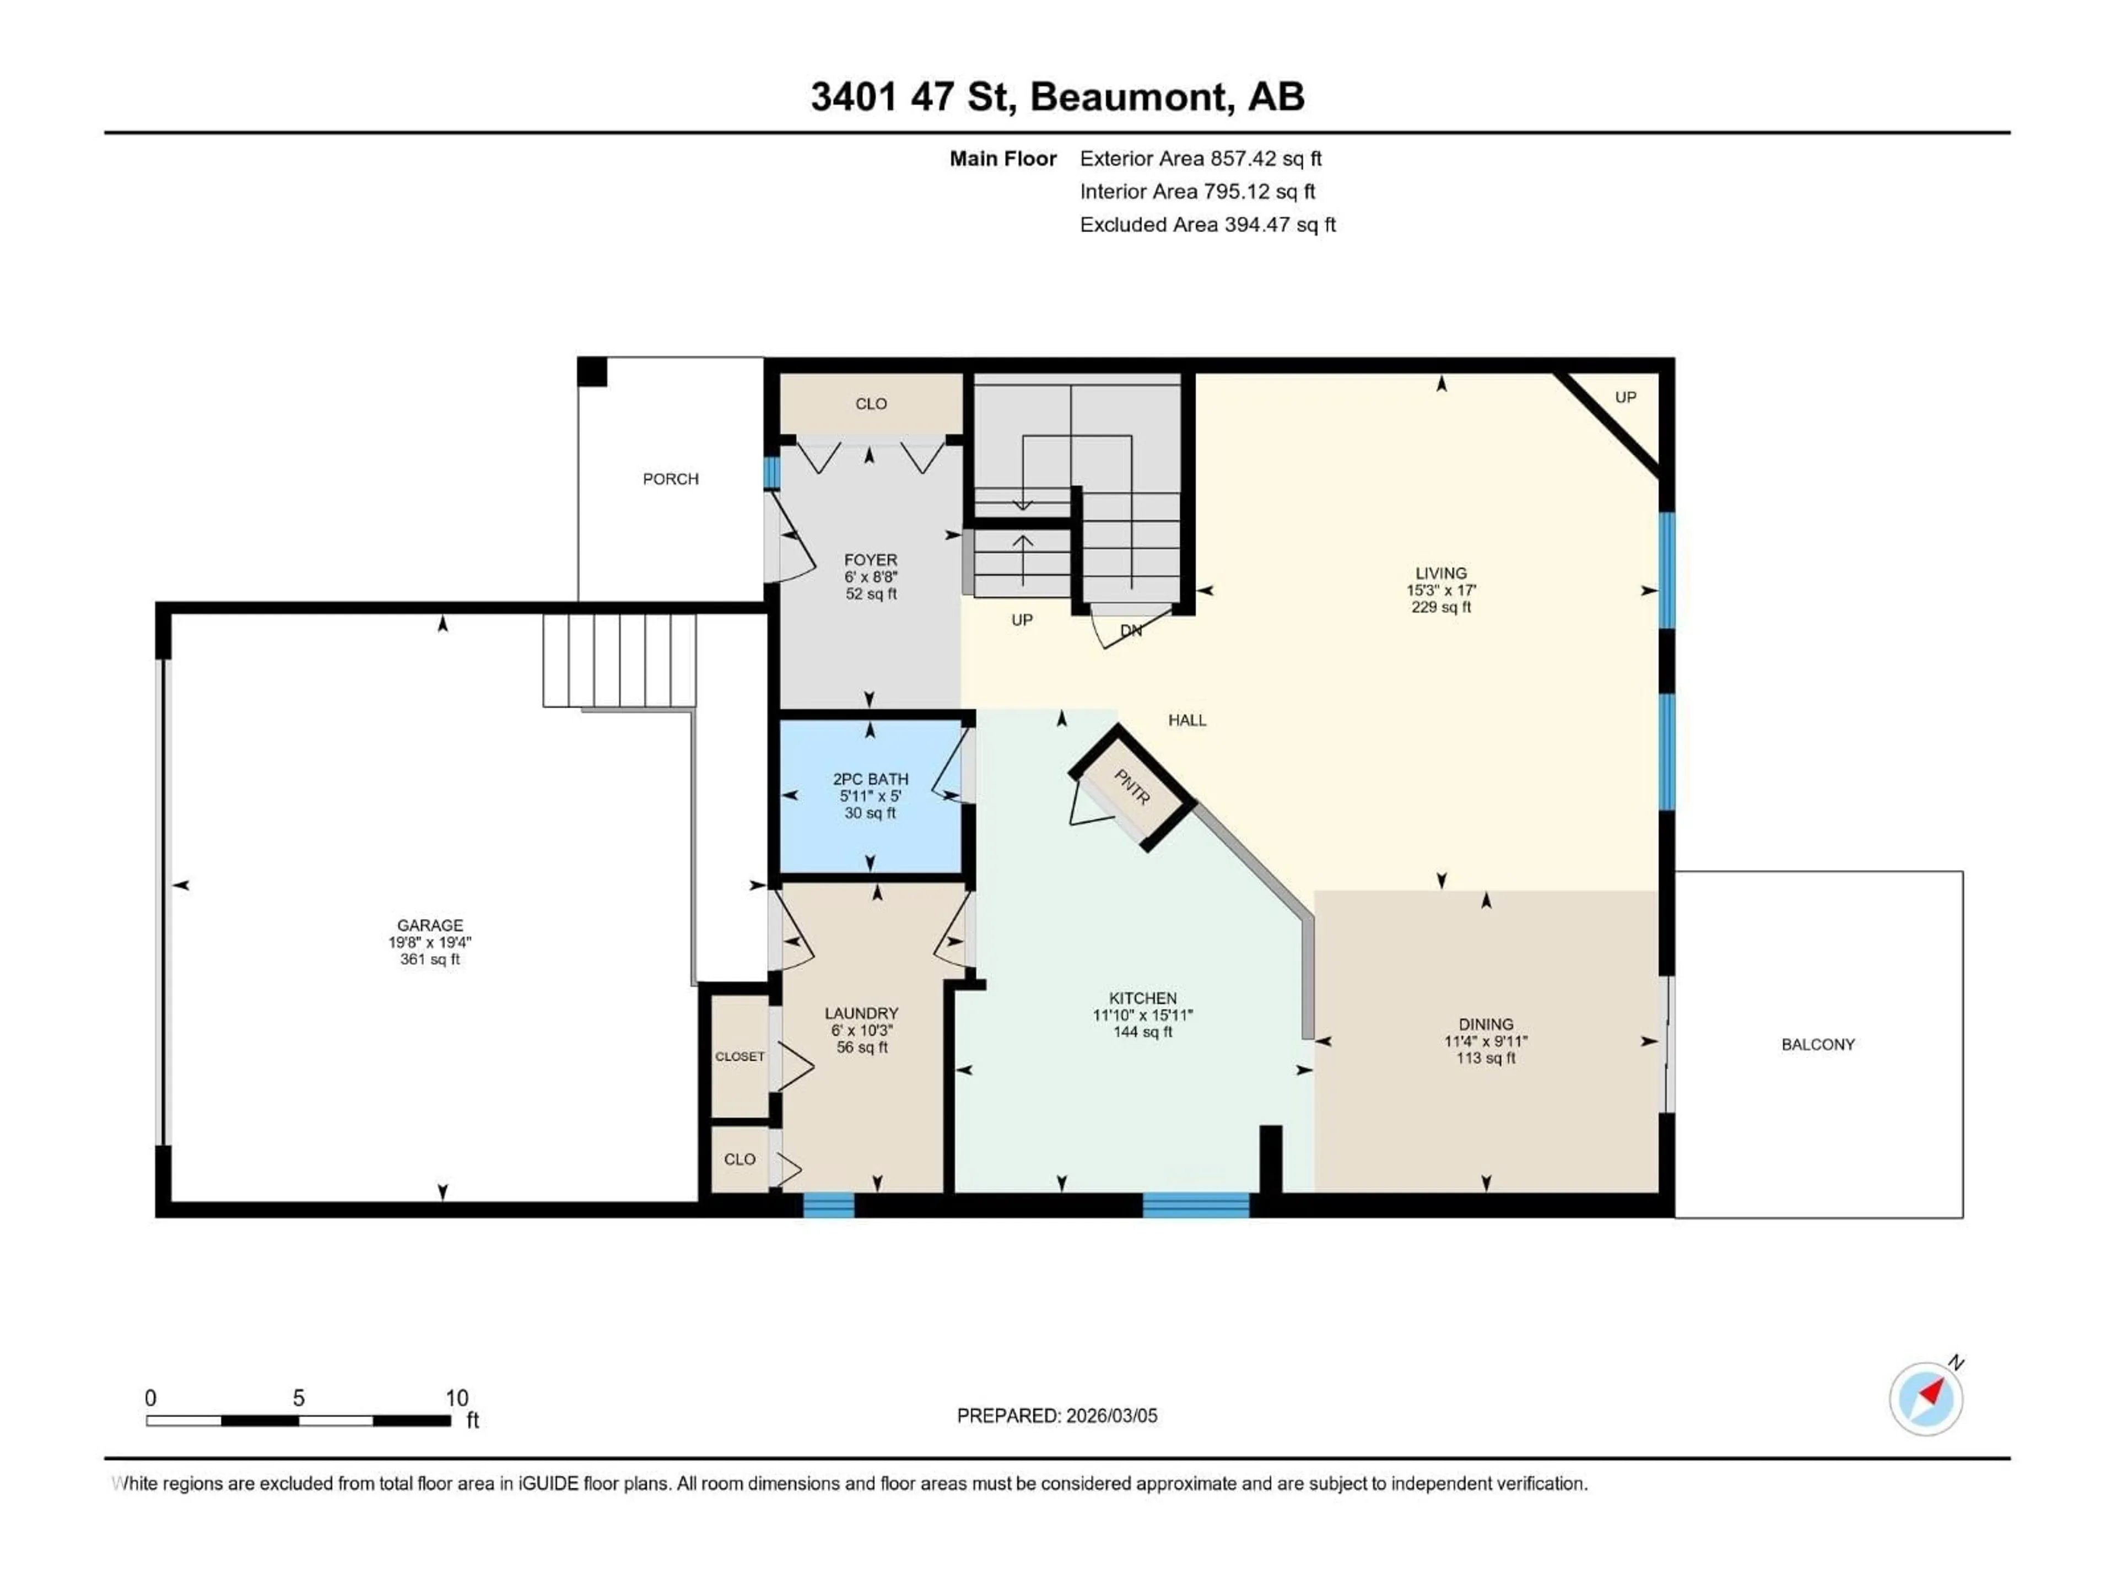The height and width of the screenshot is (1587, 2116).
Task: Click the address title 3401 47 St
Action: pos(1057,96)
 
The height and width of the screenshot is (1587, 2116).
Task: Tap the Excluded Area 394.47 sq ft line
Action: pos(1207,225)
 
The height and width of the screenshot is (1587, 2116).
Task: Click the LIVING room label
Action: pos(1440,573)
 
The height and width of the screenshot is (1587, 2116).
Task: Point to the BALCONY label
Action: pos(1817,1045)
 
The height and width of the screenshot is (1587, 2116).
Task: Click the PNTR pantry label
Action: pos(1132,787)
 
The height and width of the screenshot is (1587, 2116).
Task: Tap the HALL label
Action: pos(1186,720)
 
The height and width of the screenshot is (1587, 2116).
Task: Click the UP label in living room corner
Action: pos(1624,397)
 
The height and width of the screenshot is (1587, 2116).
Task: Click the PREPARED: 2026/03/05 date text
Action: pos(1056,1416)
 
